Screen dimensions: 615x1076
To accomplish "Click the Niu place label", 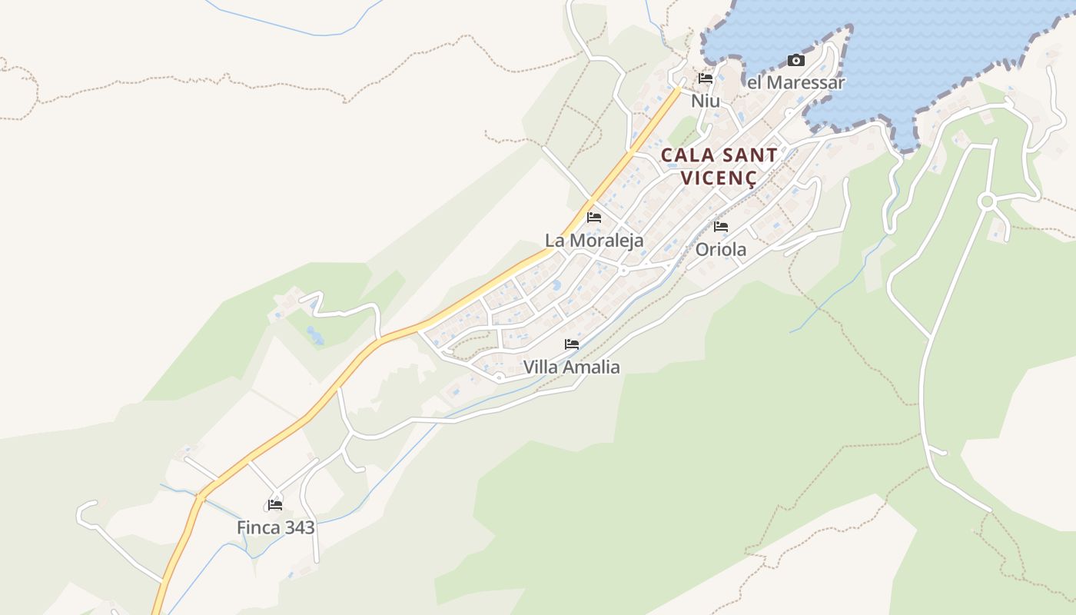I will (x=705, y=101).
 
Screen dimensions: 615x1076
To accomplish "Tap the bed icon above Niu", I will (x=706, y=78).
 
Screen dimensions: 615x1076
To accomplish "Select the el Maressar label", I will (x=796, y=82).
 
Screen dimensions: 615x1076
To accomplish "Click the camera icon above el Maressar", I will (x=796, y=61).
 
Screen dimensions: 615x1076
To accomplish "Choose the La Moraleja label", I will (x=594, y=241).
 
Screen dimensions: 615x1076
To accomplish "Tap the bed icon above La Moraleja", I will (x=594, y=218).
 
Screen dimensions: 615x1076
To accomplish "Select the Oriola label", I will (x=721, y=249).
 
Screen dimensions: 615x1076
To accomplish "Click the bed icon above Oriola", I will (x=721, y=227).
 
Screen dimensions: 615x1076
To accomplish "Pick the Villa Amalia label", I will (x=571, y=367).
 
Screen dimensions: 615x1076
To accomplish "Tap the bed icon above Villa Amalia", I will (x=572, y=344).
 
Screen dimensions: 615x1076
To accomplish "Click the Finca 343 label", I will (x=275, y=527).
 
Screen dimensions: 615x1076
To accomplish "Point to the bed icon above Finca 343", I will (x=275, y=505).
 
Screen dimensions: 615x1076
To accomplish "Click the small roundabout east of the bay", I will (x=987, y=201).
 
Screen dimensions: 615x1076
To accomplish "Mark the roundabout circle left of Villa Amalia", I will (x=499, y=377).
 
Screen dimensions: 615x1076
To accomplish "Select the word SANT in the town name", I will (x=749, y=155).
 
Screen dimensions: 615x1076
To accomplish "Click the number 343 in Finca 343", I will (x=297, y=527).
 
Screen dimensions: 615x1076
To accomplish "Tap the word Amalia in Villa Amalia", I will (x=593, y=367).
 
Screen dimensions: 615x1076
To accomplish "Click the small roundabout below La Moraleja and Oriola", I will (x=623, y=271).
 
